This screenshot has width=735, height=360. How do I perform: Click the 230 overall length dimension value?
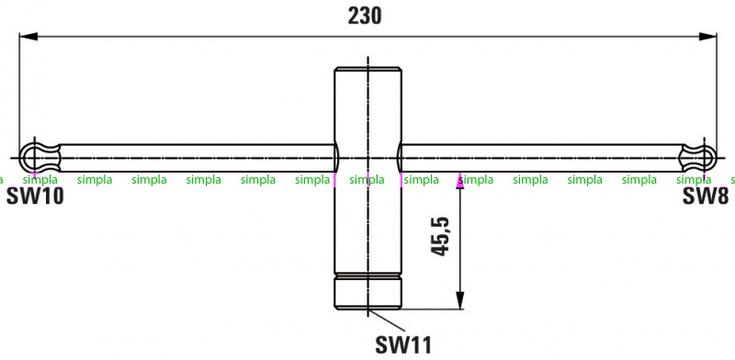[x=365, y=16]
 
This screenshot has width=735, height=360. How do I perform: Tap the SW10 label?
[x=35, y=196]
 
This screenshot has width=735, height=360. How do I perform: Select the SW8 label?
[x=706, y=196]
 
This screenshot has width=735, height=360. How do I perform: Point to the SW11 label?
[x=403, y=345]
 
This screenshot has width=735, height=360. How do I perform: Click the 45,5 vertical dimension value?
[x=440, y=236]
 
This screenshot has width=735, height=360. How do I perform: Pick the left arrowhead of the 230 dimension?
[x=28, y=36]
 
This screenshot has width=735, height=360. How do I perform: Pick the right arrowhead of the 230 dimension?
[x=707, y=36]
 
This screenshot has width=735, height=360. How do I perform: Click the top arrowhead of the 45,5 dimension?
[x=460, y=181]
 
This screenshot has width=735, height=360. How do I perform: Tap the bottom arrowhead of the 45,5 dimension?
[x=460, y=300]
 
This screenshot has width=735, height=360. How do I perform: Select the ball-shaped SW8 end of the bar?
[x=698, y=158]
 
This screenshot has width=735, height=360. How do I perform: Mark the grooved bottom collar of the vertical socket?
[x=368, y=291]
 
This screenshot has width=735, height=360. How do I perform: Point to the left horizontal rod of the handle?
[x=198, y=158]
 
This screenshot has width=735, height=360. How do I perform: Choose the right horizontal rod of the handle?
[x=540, y=158]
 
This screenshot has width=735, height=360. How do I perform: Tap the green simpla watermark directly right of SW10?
[x=95, y=180]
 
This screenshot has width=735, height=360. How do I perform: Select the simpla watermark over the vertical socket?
[x=367, y=180]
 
